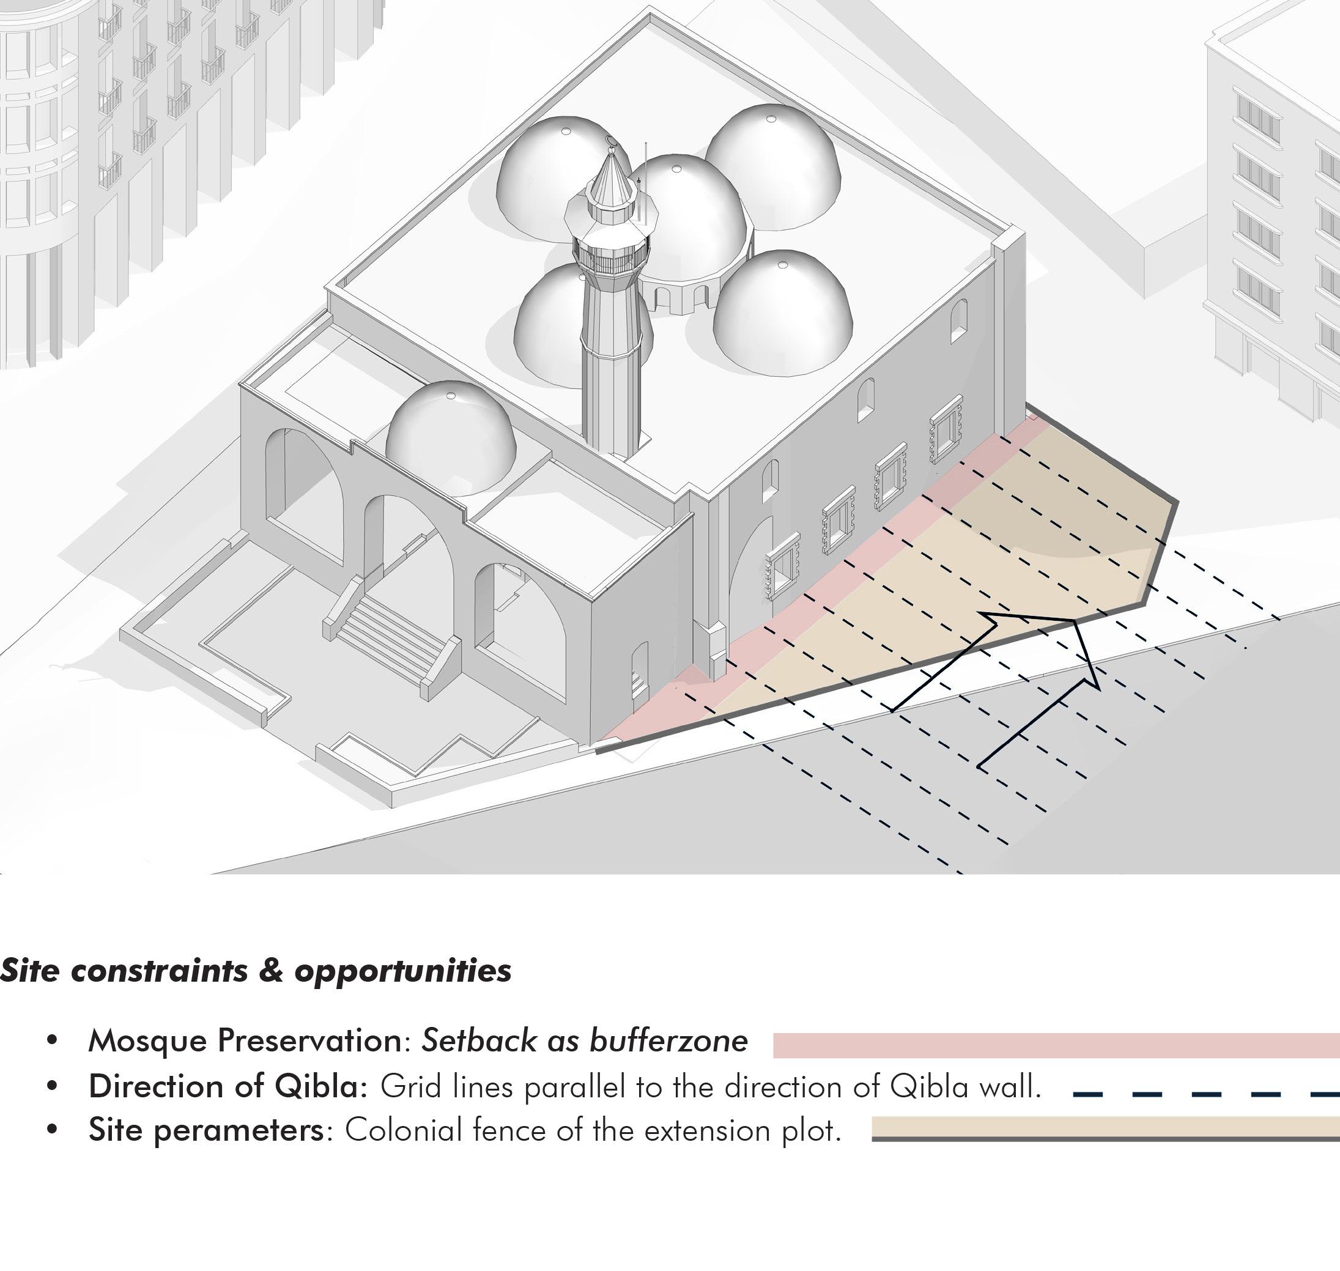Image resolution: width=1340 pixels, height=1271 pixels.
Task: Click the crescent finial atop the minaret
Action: point(611,141)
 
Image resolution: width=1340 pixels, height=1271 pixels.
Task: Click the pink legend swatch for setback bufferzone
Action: point(1056,1045)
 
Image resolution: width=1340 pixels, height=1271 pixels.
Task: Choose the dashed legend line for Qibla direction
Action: point(1206,1093)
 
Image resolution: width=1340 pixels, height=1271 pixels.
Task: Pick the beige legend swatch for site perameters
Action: point(1105,1126)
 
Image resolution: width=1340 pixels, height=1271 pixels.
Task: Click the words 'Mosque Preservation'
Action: point(248,1040)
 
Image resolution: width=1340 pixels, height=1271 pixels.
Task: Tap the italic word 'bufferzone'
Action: point(668,1040)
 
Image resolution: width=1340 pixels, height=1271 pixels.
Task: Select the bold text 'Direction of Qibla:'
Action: point(228,1087)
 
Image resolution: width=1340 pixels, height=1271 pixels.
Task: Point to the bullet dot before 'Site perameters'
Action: point(51,1131)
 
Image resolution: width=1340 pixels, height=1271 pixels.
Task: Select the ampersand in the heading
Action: point(271,970)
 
